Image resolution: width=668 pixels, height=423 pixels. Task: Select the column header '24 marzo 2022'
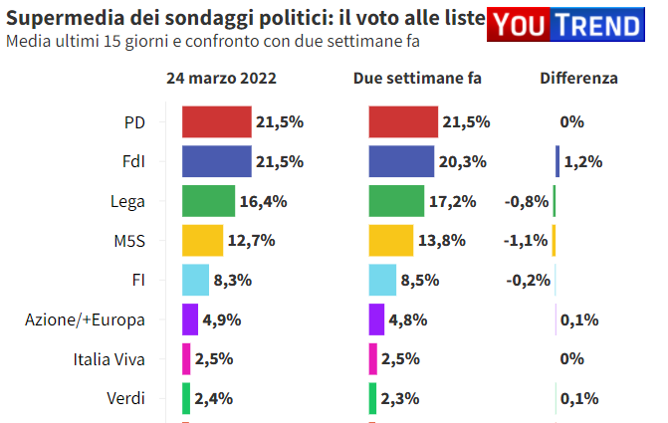(x=221, y=79)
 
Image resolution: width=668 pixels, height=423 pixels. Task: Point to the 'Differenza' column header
(x=578, y=79)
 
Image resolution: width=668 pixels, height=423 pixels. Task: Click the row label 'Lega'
(x=127, y=201)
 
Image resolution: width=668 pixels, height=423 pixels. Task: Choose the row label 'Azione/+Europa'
(x=86, y=319)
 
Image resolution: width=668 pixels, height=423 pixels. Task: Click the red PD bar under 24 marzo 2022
(x=216, y=121)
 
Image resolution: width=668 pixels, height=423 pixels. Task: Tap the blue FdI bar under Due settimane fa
(x=401, y=161)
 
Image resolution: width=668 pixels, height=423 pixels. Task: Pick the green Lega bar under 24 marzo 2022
(x=208, y=201)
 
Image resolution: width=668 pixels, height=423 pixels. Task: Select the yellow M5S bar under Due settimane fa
(x=390, y=241)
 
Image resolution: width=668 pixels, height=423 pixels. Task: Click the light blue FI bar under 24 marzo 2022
(x=195, y=281)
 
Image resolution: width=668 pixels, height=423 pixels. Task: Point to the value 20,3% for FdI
(x=462, y=161)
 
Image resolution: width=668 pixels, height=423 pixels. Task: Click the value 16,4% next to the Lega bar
(x=263, y=201)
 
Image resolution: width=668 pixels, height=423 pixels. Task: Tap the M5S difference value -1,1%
(x=528, y=241)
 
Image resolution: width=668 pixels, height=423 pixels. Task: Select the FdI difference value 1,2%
(x=583, y=161)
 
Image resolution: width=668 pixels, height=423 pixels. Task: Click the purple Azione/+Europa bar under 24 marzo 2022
(x=189, y=319)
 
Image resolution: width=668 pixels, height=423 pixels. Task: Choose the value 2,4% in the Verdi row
(x=214, y=399)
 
